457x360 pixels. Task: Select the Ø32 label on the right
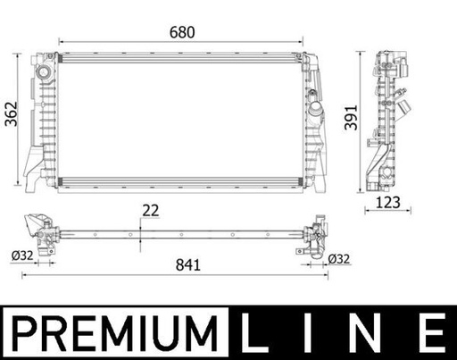point(339,259)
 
